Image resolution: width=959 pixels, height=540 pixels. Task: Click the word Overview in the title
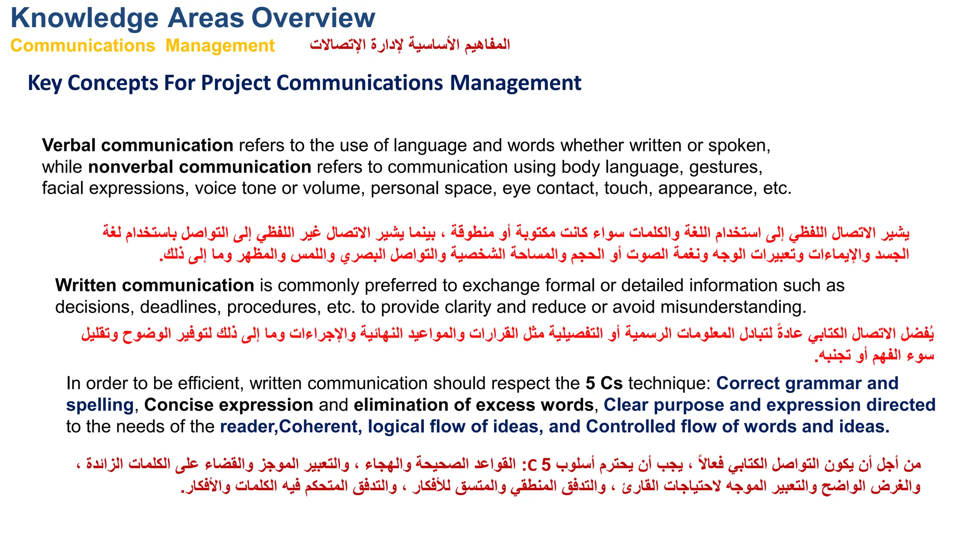coord(313,18)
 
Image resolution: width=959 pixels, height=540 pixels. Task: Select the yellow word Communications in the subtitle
coord(82,46)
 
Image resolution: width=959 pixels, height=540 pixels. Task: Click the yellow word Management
coord(220,46)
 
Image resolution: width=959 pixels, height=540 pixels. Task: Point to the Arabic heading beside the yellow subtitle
coord(410,45)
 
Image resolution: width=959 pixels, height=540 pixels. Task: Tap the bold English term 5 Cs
coord(604,383)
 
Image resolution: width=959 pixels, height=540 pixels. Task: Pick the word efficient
coord(206,383)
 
